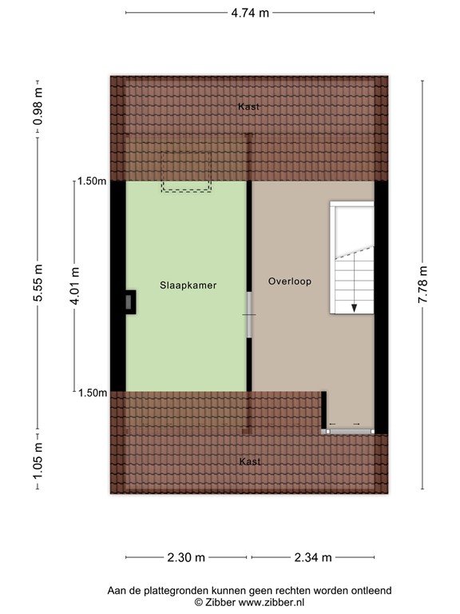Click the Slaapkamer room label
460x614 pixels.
pos(188,285)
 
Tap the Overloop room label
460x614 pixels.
pos(289,281)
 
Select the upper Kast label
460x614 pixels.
pos(248,106)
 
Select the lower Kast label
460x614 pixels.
pos(249,461)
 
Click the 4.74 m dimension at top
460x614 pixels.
pos(249,13)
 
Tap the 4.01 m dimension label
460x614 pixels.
pos(74,286)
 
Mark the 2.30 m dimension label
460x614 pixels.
pos(186,557)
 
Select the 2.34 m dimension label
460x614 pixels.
pos(312,557)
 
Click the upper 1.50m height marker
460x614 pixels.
pos(91,181)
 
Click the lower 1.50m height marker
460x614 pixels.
pos(91,393)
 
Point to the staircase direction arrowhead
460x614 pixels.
pos(352,306)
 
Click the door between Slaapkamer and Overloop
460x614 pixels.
pos(249,314)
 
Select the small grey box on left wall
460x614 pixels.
pos(129,301)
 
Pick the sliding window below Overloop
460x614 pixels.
pos(348,430)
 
